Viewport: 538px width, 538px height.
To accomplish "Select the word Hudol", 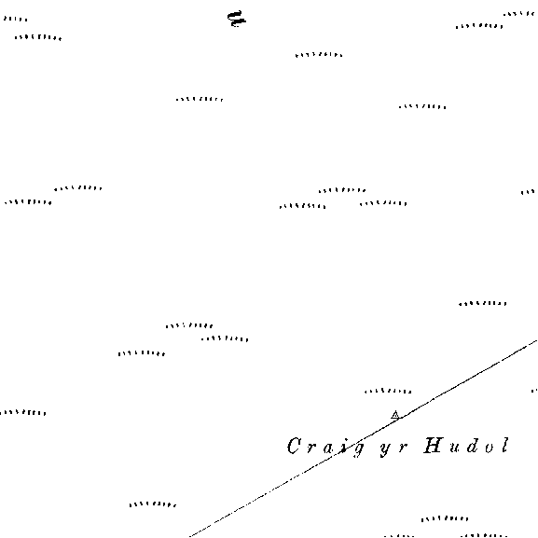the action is (x=466, y=446).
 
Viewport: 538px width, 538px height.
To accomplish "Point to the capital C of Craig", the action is (x=294, y=446).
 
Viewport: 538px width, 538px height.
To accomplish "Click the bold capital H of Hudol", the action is (x=433, y=446).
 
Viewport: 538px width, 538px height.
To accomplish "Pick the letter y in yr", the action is (x=386, y=449).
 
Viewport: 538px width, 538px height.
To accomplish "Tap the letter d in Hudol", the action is (x=472, y=446).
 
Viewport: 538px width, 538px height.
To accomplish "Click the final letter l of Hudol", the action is (x=504, y=446).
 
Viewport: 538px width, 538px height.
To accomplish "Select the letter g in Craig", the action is (x=358, y=449).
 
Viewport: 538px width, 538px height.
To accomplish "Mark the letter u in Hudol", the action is (x=455, y=448).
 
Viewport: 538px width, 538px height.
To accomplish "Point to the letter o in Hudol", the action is (x=490, y=448).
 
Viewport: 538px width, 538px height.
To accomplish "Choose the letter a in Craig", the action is (x=327, y=448).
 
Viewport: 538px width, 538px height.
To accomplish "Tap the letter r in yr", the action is (x=403, y=448).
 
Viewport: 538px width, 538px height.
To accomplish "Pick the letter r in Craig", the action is (x=310, y=448).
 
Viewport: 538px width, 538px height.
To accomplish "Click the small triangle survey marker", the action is (x=395, y=415).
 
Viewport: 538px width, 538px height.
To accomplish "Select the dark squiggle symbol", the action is (x=237, y=19).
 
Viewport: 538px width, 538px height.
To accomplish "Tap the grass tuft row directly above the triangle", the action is (x=388, y=392).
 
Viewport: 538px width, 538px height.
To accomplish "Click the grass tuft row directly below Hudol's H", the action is (x=445, y=518).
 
